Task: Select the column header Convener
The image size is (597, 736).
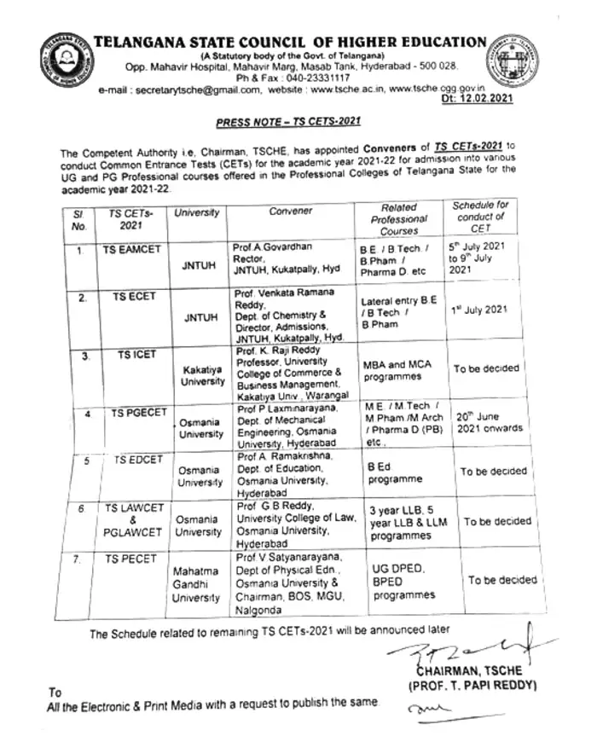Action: point(290,211)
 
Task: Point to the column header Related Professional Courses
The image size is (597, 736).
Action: point(399,218)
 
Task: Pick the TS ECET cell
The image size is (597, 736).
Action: point(128,298)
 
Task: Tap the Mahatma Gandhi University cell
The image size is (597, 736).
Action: point(196,584)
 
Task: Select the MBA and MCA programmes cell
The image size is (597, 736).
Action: point(397,368)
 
